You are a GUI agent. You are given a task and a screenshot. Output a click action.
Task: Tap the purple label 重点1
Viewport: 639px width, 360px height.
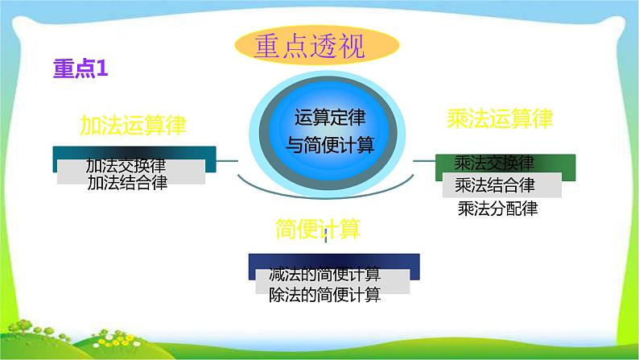tap(80, 70)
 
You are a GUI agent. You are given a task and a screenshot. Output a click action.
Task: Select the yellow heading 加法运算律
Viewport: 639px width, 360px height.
tap(134, 124)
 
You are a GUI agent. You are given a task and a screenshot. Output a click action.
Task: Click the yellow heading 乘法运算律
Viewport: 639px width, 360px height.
tap(499, 119)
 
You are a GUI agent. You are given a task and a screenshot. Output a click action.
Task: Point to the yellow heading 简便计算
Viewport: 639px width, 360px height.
tap(317, 229)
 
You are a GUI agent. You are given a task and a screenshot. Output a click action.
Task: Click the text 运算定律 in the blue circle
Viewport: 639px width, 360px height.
tap(330, 118)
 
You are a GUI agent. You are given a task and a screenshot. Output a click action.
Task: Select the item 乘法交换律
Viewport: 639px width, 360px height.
tap(494, 163)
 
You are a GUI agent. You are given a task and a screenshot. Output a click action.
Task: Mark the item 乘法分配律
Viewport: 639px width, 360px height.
tap(497, 209)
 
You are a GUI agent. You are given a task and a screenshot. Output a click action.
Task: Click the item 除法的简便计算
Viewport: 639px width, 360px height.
tap(325, 295)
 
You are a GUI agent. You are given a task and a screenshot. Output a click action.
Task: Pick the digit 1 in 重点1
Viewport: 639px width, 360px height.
tap(102, 70)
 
